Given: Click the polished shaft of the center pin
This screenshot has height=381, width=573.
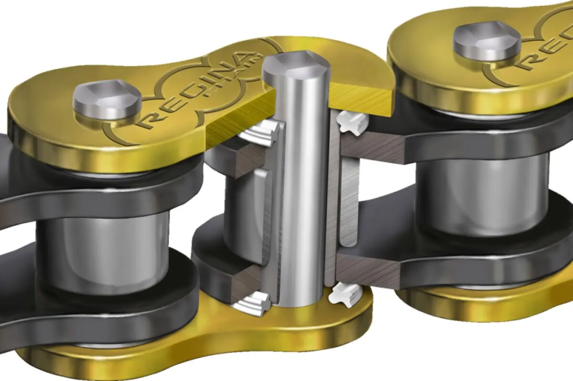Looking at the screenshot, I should click(301, 190).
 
